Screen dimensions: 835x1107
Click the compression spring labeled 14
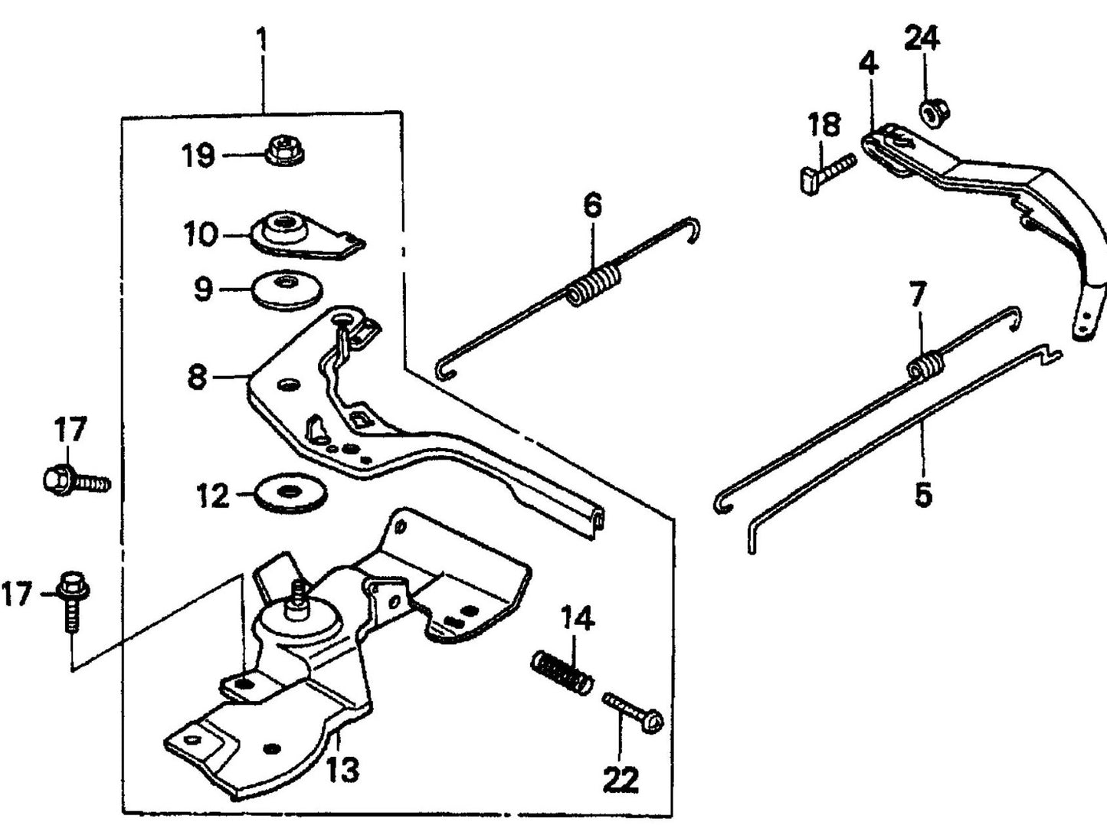click(562, 672)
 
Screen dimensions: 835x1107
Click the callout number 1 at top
click(262, 38)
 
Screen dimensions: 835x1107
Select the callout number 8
click(197, 376)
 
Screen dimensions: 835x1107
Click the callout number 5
click(923, 495)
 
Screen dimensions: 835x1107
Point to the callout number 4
click(867, 63)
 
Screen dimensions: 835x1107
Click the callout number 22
click(621, 780)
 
